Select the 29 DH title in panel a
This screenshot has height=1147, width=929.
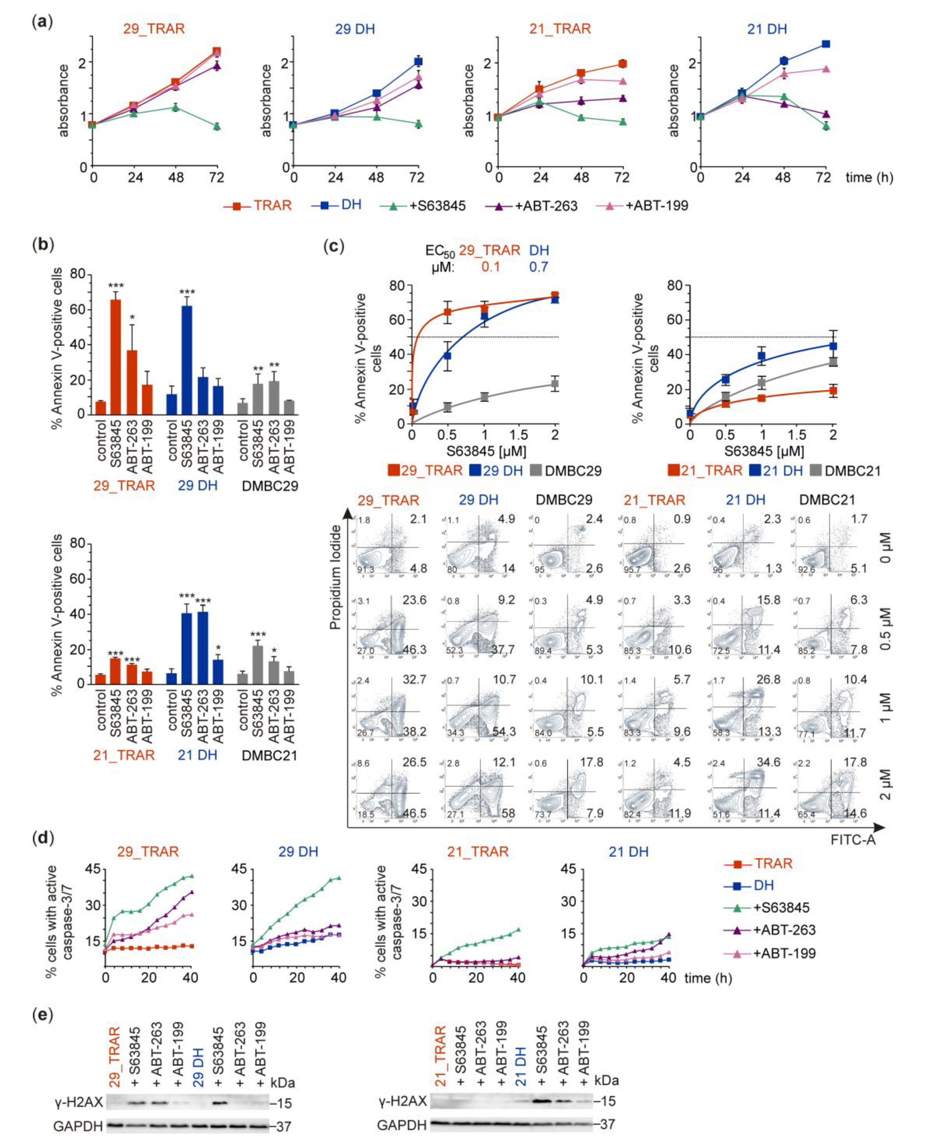pos(355,28)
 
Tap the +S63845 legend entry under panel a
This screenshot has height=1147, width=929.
pos(423,205)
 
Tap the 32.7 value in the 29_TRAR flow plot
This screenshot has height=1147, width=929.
pos(415,680)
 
